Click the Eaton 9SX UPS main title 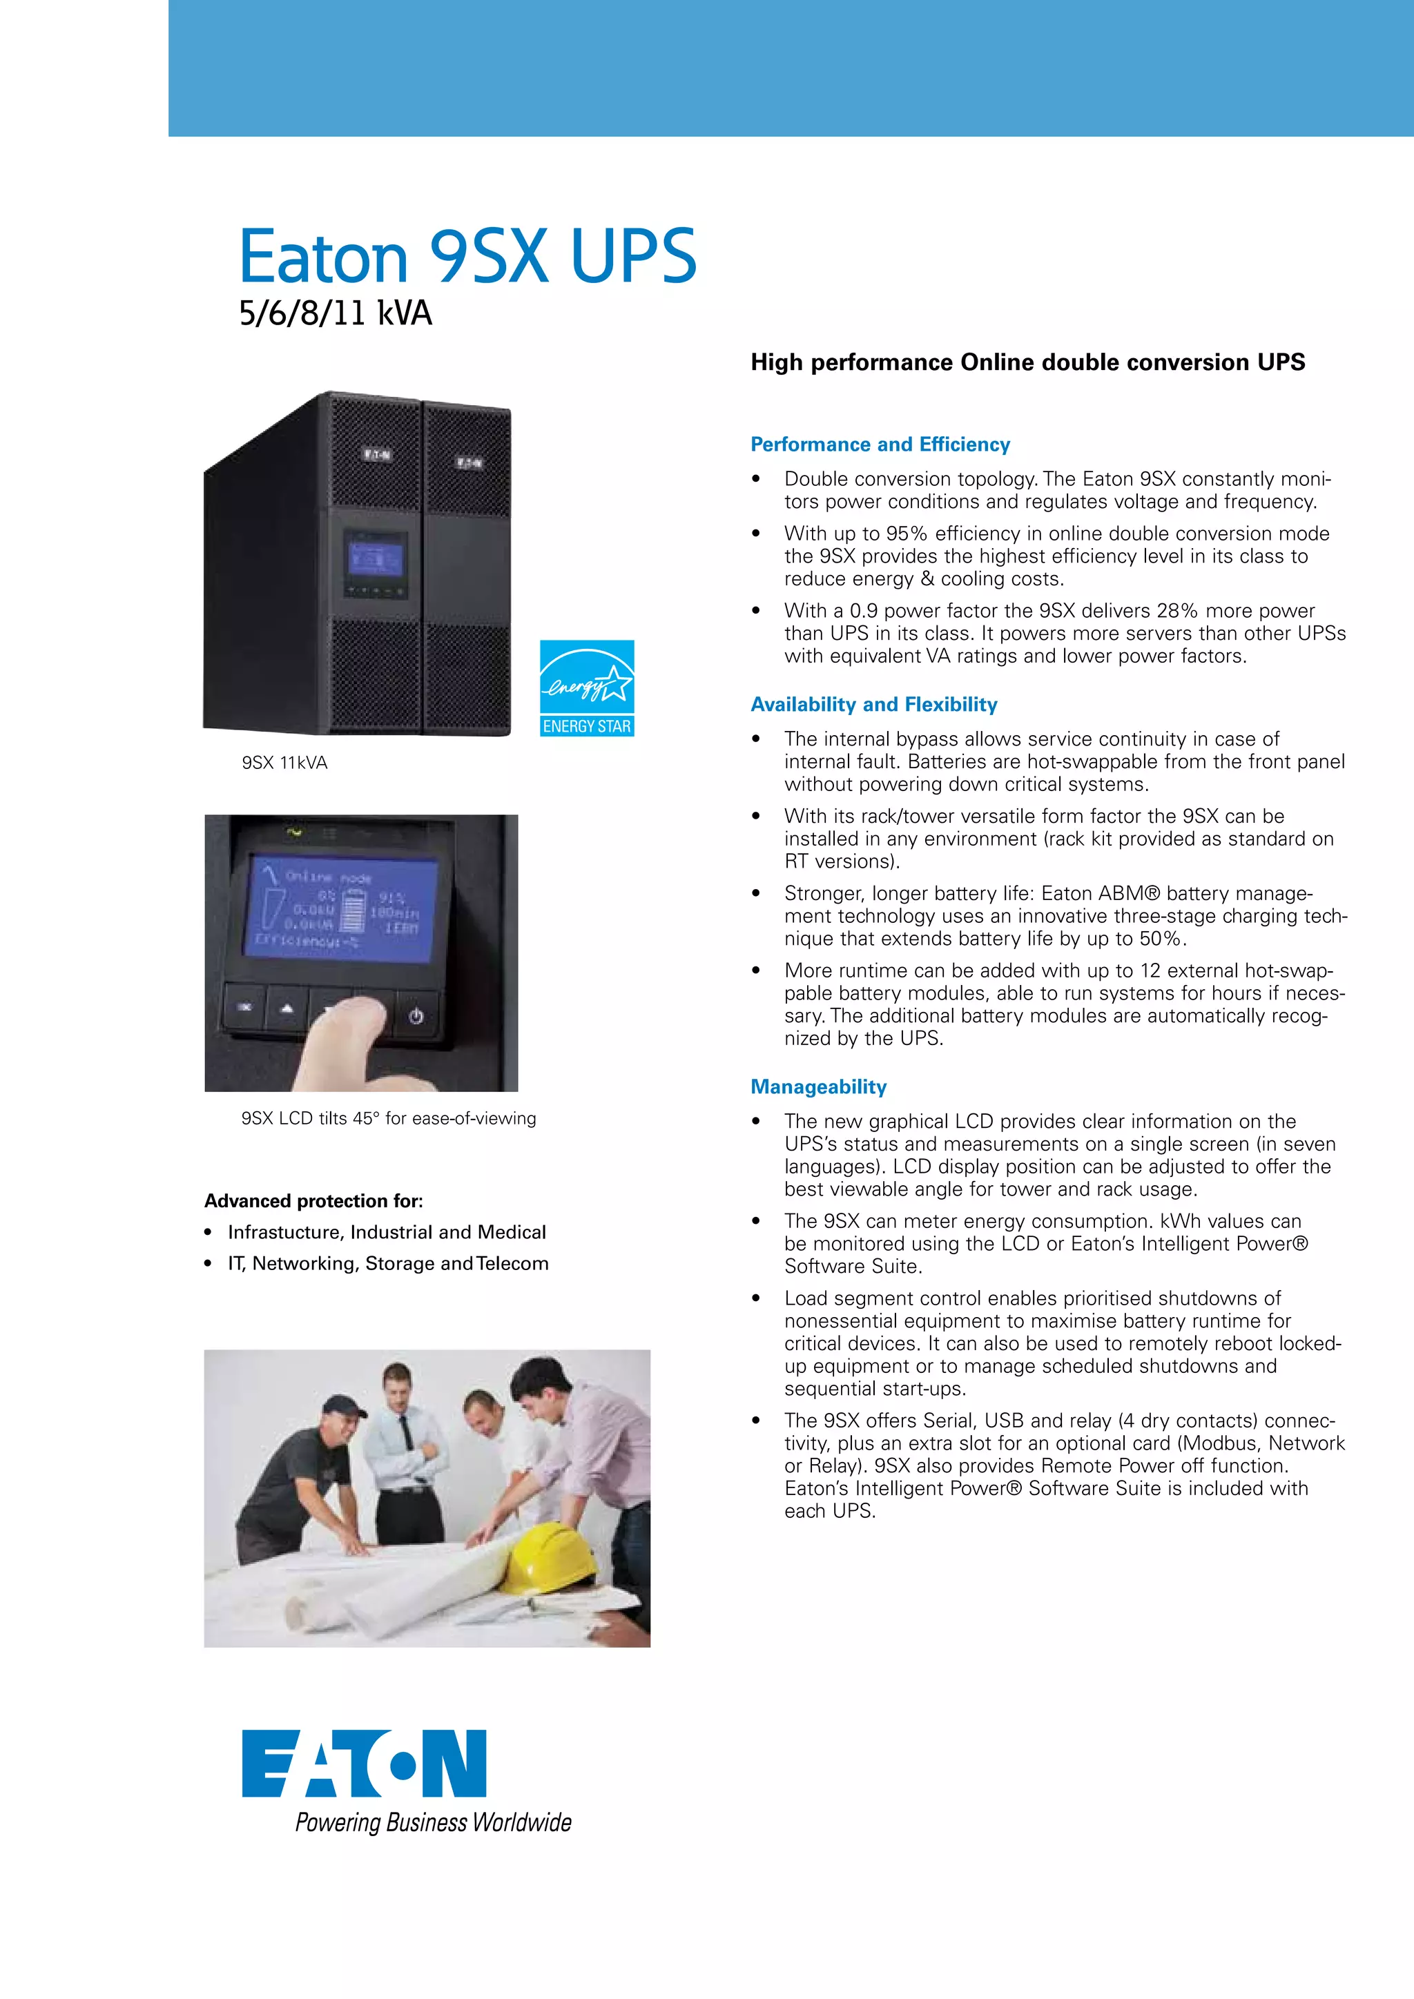coord(467,256)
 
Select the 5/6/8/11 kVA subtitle coord(336,313)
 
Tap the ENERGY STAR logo coord(587,688)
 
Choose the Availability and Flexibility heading coord(873,704)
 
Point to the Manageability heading coord(817,1086)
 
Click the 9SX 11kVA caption coord(284,763)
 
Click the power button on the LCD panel coord(416,1015)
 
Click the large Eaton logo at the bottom coord(364,1764)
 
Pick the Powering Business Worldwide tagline coord(433,1823)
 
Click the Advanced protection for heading coord(313,1200)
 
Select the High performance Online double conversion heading coord(1027,362)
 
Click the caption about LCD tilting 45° coord(388,1118)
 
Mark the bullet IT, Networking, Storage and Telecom coord(387,1263)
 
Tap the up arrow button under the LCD coord(287,1009)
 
